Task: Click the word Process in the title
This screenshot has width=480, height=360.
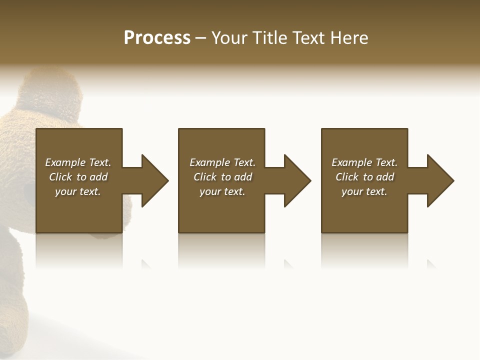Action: [x=157, y=38]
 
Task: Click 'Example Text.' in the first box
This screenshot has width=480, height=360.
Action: [x=78, y=162]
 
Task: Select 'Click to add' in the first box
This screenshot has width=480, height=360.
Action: [x=78, y=177]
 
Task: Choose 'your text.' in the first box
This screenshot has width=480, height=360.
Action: [x=78, y=191]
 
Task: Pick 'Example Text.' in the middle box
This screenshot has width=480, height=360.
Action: [x=222, y=162]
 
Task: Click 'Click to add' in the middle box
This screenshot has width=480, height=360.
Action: [x=222, y=177]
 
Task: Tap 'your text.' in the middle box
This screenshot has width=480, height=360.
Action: [x=222, y=191]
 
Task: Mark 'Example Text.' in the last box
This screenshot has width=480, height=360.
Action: [x=364, y=162]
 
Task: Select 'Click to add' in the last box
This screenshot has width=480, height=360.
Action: [x=364, y=177]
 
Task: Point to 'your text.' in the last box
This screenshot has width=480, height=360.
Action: [x=364, y=191]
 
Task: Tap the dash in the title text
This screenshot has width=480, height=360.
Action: [x=201, y=38]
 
